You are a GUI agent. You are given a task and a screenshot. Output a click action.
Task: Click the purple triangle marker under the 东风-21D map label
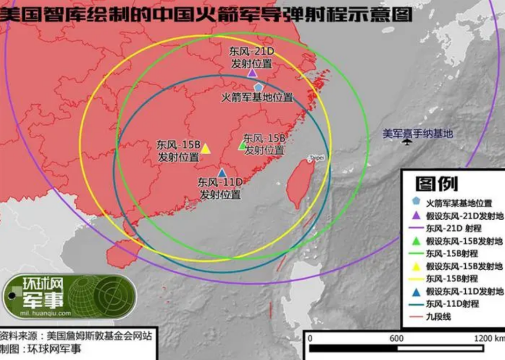click(x=252, y=73)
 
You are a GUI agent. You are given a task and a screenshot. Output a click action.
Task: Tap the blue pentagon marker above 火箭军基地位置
click(x=258, y=87)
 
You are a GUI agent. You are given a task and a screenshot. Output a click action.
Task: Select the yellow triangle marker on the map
click(x=205, y=149)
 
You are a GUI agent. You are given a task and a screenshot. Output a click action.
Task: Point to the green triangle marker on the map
click(x=242, y=145)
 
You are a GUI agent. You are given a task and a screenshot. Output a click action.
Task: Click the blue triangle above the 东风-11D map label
click(x=222, y=173)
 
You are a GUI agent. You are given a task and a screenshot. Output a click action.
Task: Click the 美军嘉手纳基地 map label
click(x=418, y=134)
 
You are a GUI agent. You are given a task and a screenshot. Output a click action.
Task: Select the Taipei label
click(x=317, y=158)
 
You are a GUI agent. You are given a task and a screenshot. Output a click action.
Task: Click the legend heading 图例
click(x=436, y=184)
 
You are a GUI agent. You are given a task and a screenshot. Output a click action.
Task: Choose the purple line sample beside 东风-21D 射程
click(x=416, y=229)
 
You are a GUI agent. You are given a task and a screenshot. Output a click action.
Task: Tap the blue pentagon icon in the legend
click(x=416, y=202)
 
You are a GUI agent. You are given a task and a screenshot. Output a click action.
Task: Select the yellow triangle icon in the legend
click(x=416, y=266)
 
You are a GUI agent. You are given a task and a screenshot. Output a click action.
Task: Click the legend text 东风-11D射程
click(x=452, y=304)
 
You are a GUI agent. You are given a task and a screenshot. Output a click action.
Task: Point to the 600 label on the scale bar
click(x=397, y=338)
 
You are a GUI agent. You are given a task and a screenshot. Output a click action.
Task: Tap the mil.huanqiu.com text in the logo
click(x=45, y=313)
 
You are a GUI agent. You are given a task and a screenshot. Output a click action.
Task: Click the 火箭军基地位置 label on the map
click(x=257, y=98)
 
